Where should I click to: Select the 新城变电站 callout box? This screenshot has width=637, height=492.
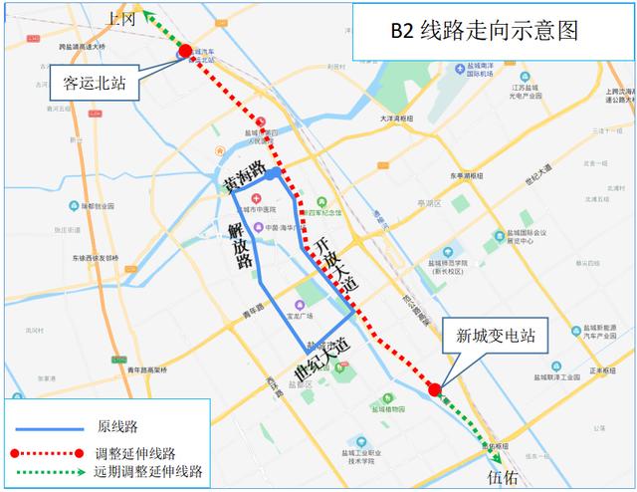[x=496, y=336]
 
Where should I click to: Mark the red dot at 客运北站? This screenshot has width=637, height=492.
[x=186, y=50]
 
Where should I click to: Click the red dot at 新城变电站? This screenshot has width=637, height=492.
[x=434, y=388]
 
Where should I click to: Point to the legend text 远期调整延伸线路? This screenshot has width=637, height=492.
[x=148, y=471]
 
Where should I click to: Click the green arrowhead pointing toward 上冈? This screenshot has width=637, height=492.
[x=146, y=14]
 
